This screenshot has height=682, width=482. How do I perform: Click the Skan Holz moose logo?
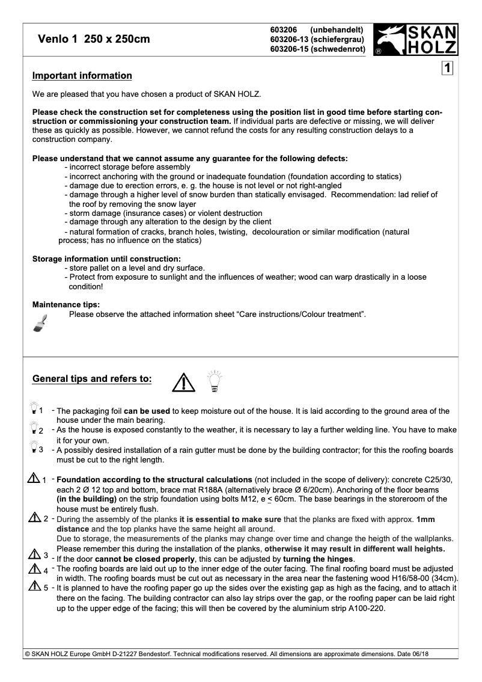click(415, 40)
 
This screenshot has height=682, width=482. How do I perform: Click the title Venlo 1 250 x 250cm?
click(94, 40)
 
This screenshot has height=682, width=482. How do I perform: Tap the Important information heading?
click(82, 76)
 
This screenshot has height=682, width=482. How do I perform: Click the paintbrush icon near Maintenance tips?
click(40, 322)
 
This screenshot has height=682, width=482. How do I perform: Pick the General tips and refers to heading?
click(92, 379)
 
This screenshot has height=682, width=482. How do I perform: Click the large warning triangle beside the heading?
click(183, 381)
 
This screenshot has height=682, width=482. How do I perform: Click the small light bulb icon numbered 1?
click(33, 410)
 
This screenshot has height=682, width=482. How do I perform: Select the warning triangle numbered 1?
click(33, 479)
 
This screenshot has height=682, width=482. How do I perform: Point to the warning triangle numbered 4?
click(34, 569)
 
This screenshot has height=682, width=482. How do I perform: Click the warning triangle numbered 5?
click(34, 587)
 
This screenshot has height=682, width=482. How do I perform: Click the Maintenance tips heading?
click(66, 304)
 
